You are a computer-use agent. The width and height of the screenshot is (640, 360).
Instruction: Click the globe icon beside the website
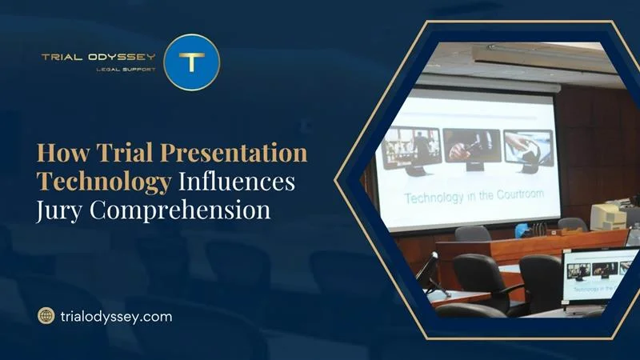[x=46, y=316]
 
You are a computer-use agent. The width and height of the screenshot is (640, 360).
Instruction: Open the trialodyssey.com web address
[x=116, y=316]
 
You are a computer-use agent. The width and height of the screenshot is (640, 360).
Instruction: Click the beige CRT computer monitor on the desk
[x=606, y=214]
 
